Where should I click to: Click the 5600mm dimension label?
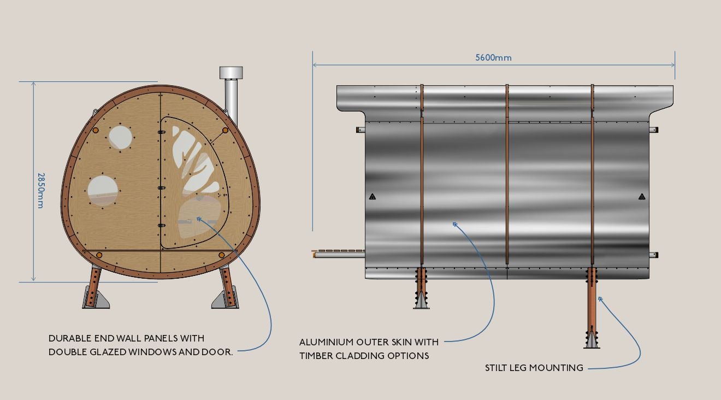(493, 57)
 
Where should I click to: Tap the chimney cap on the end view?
(231, 73)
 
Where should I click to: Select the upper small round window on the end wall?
(120, 138)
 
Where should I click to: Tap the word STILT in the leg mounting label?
(498, 368)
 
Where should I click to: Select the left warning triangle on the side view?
(372, 197)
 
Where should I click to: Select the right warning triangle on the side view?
(642, 197)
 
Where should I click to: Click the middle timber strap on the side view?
(507, 175)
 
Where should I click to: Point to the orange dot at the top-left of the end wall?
(95, 131)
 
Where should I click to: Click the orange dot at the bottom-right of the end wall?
(221, 255)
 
